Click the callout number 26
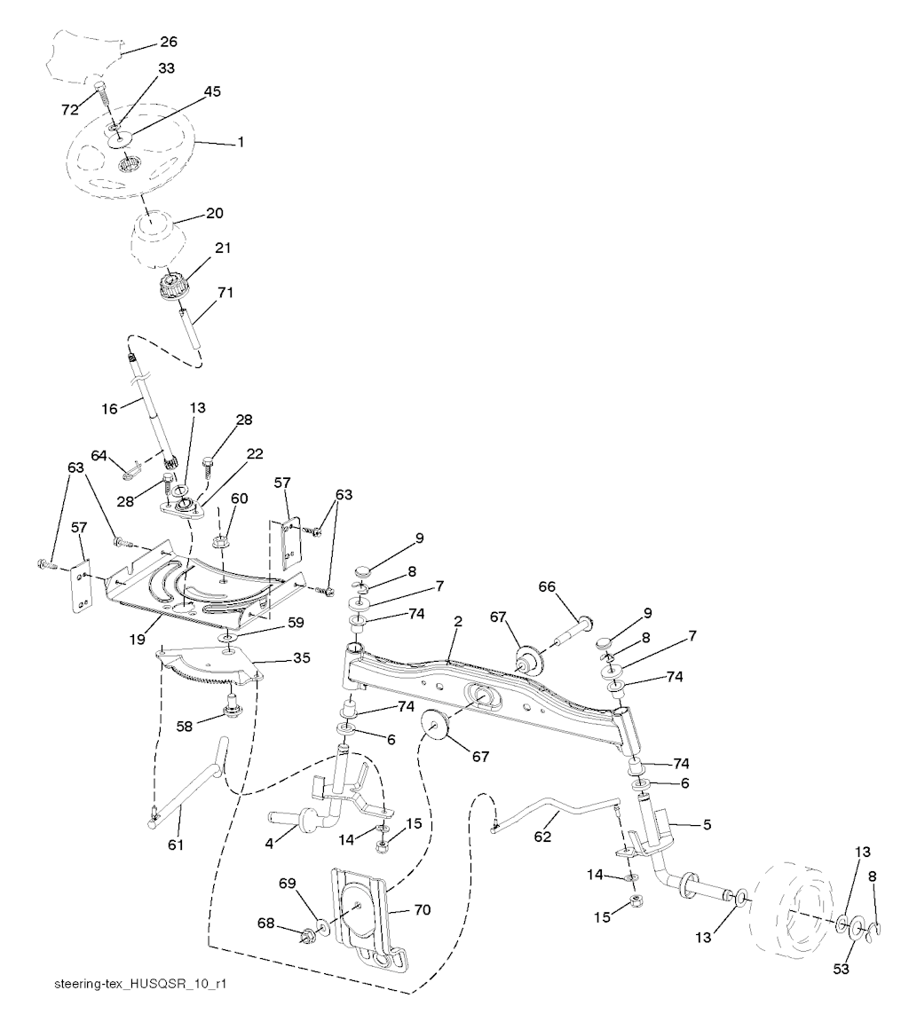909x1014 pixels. click(x=168, y=43)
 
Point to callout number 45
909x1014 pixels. click(x=211, y=92)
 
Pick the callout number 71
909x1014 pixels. click(x=225, y=293)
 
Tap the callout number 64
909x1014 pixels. click(x=99, y=456)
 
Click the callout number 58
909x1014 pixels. click(x=185, y=727)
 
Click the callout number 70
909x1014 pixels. click(x=422, y=910)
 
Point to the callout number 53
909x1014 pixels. click(x=841, y=969)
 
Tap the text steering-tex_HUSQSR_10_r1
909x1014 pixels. click(x=141, y=984)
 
